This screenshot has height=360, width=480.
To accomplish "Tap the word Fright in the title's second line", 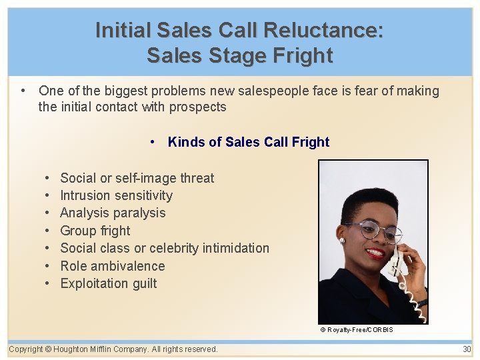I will (x=301, y=55).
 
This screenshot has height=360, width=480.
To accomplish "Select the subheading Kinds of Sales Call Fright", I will (x=248, y=142).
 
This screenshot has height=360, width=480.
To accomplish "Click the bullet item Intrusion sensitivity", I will (x=116, y=195).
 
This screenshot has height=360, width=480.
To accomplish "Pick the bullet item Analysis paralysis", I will (x=113, y=213).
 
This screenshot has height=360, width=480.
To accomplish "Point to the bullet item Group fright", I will (x=95, y=231).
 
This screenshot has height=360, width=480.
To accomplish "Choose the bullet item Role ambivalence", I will (x=112, y=266).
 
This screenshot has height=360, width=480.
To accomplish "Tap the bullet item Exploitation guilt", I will (x=108, y=283).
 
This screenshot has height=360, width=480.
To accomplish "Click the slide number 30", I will (x=467, y=349).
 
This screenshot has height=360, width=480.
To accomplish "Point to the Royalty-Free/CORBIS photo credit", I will (x=357, y=330).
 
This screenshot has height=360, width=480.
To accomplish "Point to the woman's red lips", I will (x=375, y=253).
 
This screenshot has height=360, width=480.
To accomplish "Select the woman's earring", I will (x=341, y=240).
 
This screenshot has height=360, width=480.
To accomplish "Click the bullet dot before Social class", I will (x=49, y=248).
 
